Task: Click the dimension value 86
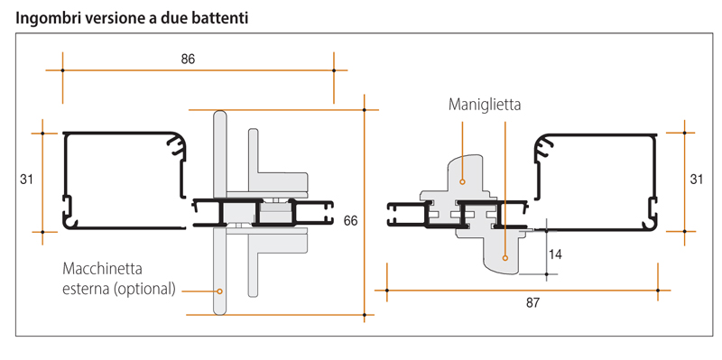(188, 60)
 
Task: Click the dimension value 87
(532, 302)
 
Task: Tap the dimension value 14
(556, 254)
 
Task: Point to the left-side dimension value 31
(26, 180)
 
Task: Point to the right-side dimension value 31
(696, 180)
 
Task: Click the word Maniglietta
(485, 105)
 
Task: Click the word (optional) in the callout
(146, 289)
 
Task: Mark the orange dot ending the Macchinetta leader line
(218, 291)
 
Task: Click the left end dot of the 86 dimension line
(62, 70)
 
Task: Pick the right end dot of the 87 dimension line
(658, 291)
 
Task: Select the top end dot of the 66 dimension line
(364, 109)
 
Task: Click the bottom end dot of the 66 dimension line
(364, 314)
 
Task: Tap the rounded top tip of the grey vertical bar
(219, 115)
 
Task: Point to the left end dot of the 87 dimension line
(387, 291)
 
